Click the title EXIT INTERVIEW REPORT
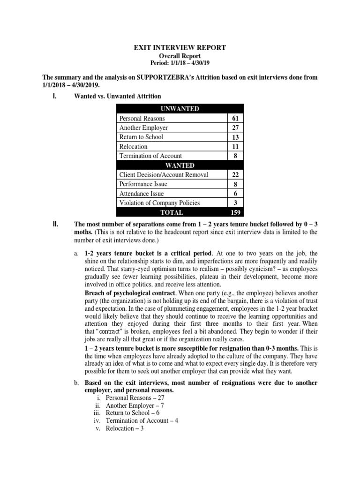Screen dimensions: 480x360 pyautogui.click(x=180, y=48)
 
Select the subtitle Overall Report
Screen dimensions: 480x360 pyautogui.click(x=180, y=56)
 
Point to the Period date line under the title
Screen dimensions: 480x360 pyautogui.click(x=180, y=63)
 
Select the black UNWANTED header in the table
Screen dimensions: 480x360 pyautogui.click(x=180, y=109)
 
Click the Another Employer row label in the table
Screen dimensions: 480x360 pyautogui.click(x=143, y=128)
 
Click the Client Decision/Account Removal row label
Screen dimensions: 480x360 pyautogui.click(x=164, y=175)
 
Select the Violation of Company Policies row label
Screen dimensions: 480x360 pyautogui.click(x=159, y=203)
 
